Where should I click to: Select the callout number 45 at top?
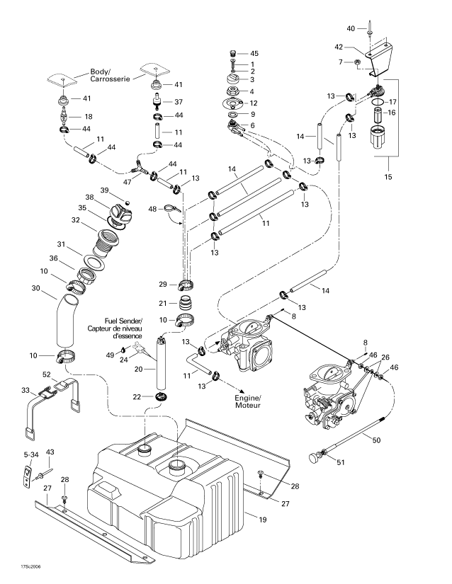[x=254, y=53]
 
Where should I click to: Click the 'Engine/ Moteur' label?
[x=248, y=401]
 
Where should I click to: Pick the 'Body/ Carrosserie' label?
[x=110, y=75]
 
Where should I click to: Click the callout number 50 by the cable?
[x=376, y=440]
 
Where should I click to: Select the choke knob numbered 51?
[x=317, y=457]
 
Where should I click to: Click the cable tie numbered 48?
[x=173, y=210]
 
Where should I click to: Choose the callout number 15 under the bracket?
[x=388, y=176]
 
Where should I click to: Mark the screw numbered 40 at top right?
[x=369, y=28]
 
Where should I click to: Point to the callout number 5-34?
[x=31, y=454]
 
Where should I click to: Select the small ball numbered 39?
[x=127, y=202]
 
